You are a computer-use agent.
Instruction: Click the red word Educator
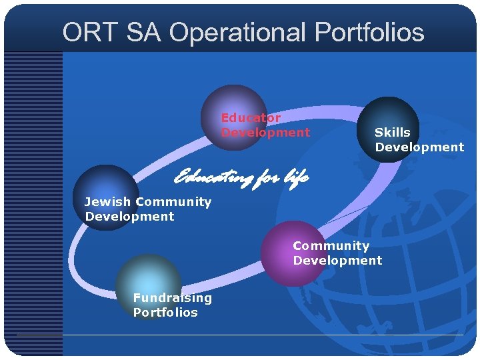251,117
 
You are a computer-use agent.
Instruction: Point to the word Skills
392,133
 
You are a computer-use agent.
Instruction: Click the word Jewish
107,202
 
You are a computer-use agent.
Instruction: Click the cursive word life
296,177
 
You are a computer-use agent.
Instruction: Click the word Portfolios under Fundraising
165,313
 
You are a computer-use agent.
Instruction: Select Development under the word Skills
419,147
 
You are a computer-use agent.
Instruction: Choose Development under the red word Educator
265,133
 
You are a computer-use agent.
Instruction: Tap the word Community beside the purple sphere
331,246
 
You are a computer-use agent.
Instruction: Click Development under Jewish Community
129,217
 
